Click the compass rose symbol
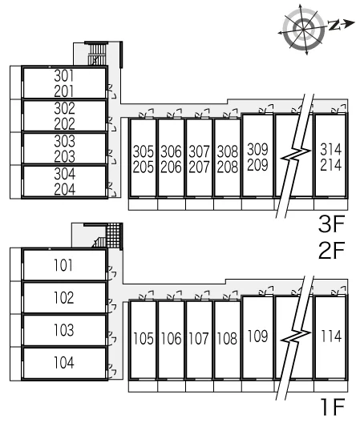click(304, 29)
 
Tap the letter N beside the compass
click(334, 25)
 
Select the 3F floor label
click(332, 224)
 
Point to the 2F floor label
click(332, 250)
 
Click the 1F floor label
click(333, 407)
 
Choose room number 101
click(63, 265)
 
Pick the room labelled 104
click(64, 363)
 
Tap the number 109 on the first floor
click(257, 336)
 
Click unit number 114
click(331, 336)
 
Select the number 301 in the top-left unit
click(64, 76)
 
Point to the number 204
click(65, 189)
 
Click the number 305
click(144, 151)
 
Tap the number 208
click(228, 167)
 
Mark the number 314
click(331, 149)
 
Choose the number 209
click(257, 165)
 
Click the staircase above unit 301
click(97, 54)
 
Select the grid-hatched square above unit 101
click(113, 236)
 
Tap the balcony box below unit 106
click(172, 386)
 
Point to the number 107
click(199, 338)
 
